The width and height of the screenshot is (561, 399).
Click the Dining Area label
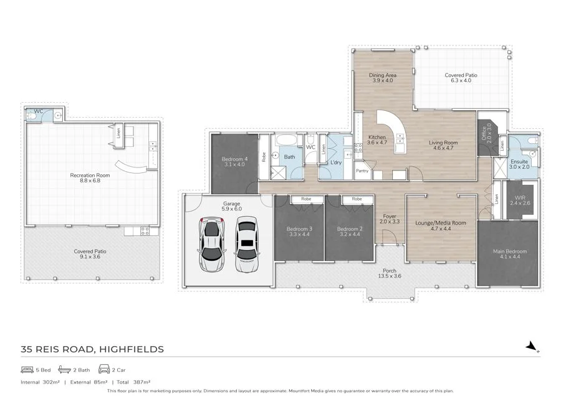(x=383, y=78)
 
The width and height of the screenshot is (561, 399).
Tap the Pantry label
(x=362, y=171)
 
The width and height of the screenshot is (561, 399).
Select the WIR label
(x=519, y=200)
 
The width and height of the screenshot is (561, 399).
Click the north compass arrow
(x=531, y=345)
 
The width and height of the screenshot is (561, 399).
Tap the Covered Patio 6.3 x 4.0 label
(x=461, y=78)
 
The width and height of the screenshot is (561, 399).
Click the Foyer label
(x=390, y=218)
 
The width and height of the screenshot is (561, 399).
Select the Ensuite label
(x=519, y=164)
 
